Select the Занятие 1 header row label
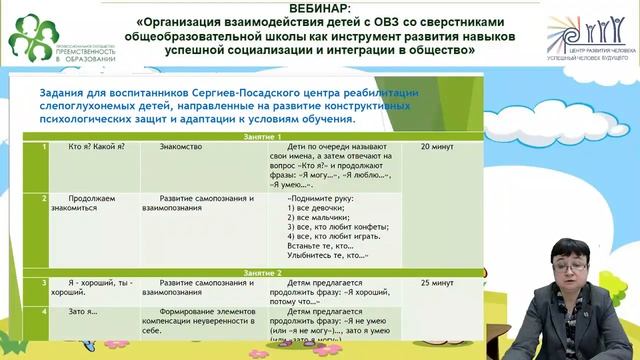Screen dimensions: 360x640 [265, 136]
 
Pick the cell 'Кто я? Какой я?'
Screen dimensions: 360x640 [97, 147]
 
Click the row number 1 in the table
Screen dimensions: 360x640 [44, 147]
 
